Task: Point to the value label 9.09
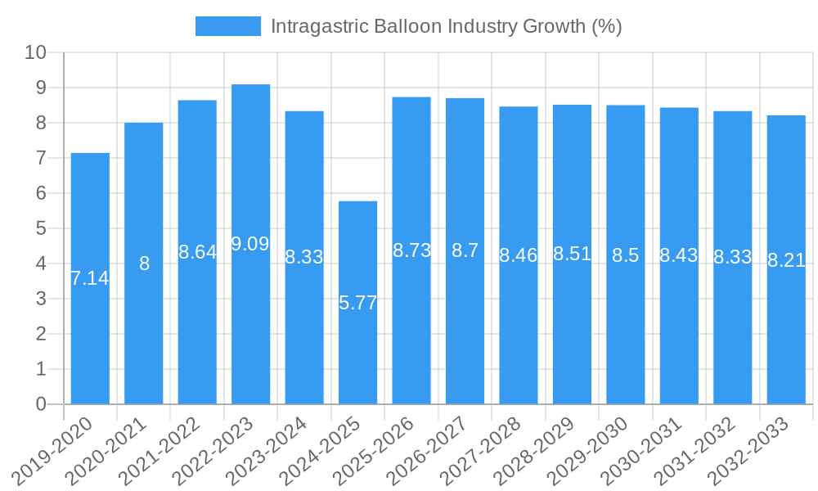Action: tap(250, 244)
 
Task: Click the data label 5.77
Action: tap(357, 303)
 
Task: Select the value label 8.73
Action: tap(411, 251)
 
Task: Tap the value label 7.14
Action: tap(90, 278)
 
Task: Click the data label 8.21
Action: tap(786, 261)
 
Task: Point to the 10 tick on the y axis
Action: tap(36, 53)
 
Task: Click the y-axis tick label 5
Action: tap(41, 229)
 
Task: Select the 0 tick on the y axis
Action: tap(41, 404)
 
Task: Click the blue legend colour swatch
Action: tap(227, 26)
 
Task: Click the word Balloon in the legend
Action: tap(406, 26)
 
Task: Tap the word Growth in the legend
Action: tap(555, 26)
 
